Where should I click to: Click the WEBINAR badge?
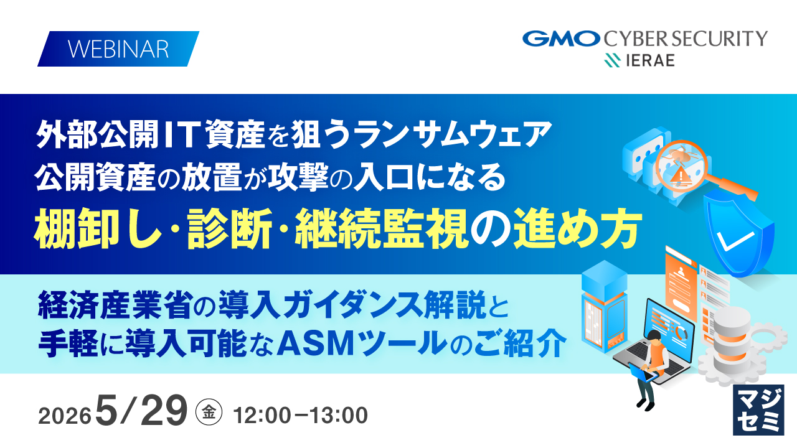[118, 49]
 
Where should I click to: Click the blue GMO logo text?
[561, 39]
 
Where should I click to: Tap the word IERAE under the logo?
[649, 60]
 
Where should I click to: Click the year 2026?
[65, 416]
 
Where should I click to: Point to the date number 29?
[164, 410]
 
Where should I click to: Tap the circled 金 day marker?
[209, 413]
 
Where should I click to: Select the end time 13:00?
[339, 415]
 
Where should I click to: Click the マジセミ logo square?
[758, 410]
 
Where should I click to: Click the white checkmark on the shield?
[735, 241]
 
